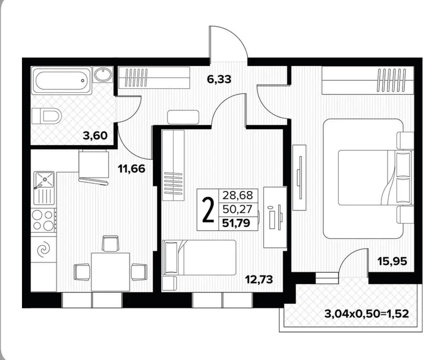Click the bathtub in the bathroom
coord(62,80)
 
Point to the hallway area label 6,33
coord(219,79)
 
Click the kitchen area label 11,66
coord(131,169)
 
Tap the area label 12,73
coord(259,278)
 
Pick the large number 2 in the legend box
coord(208,210)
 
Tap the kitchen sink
coord(44,188)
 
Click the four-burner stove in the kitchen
coord(43,220)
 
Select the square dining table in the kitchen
coord(110,271)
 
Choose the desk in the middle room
coord(275,217)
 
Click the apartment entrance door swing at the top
coord(228,43)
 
